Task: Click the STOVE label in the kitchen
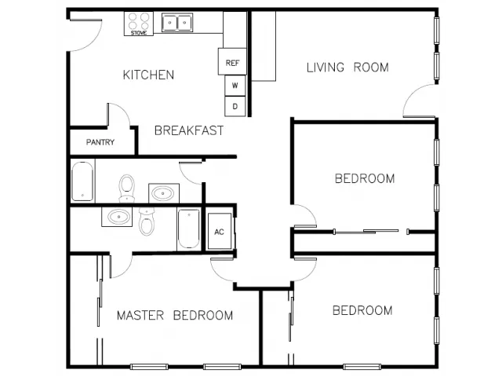click(139, 33)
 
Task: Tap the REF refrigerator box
click(232, 61)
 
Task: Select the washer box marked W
click(235, 86)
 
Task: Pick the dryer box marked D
click(235, 106)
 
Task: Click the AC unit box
click(220, 231)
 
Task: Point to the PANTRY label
click(100, 142)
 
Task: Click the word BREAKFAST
click(189, 130)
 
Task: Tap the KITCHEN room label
click(148, 75)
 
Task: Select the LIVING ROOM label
click(347, 68)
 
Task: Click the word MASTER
click(140, 315)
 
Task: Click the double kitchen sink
click(177, 23)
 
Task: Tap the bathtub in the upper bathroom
click(82, 181)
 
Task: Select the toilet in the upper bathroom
click(127, 188)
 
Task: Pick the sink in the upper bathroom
click(164, 193)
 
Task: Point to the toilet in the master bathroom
click(147, 221)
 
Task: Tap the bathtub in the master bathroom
click(189, 229)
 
